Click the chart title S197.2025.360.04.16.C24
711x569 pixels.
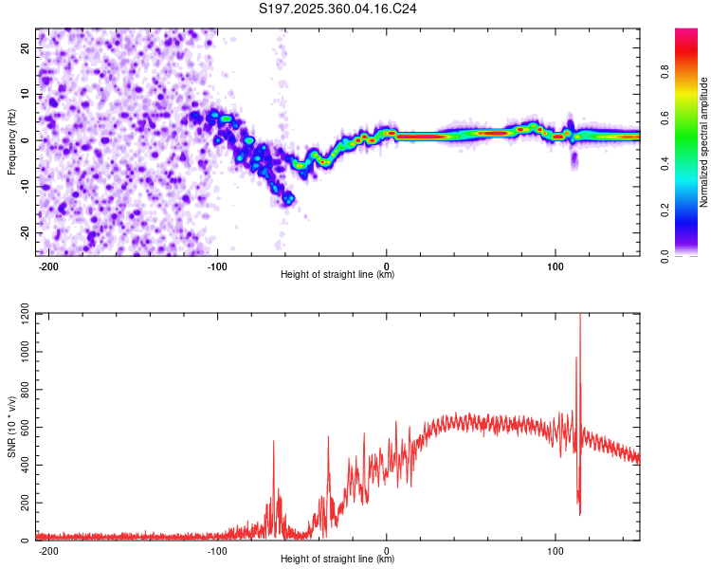[338, 9]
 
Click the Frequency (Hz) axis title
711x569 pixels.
[11, 141]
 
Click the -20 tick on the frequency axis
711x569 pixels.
[25, 232]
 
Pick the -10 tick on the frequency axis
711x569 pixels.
[25, 186]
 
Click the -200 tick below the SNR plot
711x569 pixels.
[48, 550]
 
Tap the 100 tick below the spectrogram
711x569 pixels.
[555, 266]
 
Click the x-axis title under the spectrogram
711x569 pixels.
[337, 275]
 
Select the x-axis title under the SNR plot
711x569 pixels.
[337, 560]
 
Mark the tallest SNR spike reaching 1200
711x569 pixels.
[579, 319]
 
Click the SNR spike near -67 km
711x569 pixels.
[274, 443]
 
